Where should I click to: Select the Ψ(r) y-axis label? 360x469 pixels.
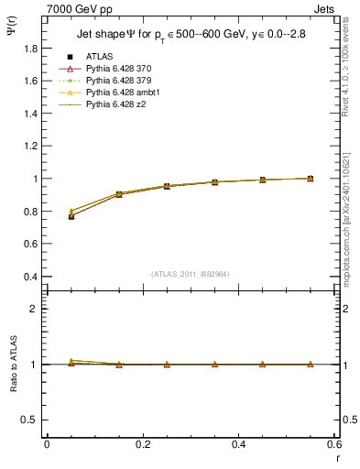[12, 36]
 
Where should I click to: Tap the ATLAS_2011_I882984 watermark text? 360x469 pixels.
[191, 274]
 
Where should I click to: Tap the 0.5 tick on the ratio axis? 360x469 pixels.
[31, 420]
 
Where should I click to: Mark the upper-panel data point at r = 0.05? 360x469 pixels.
[71, 215]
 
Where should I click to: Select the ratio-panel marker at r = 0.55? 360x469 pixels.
[311, 365]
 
